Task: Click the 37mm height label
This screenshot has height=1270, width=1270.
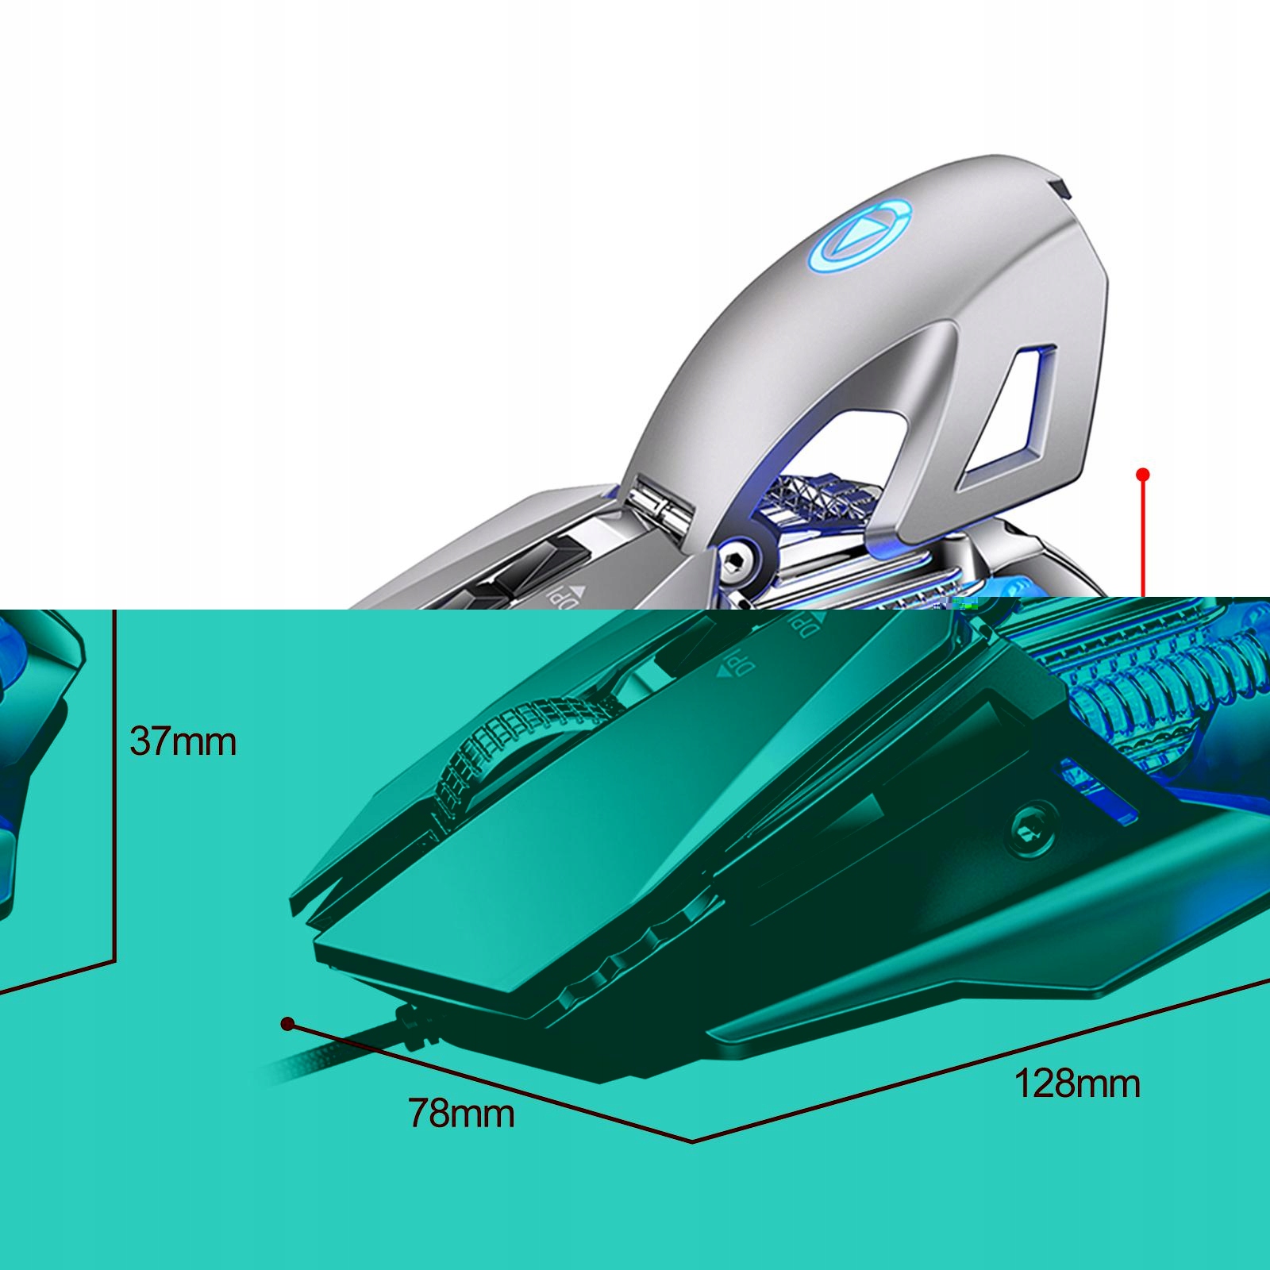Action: [x=183, y=742]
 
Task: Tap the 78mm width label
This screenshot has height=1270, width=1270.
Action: [x=461, y=1113]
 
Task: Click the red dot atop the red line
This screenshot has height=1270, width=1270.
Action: [x=1143, y=475]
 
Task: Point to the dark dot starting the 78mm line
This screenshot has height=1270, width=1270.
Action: [x=288, y=1024]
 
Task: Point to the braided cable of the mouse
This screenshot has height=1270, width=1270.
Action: [x=333, y=1056]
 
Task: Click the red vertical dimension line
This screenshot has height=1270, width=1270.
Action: [x=1143, y=540]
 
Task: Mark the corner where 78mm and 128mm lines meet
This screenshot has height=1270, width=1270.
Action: [x=692, y=1141]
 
